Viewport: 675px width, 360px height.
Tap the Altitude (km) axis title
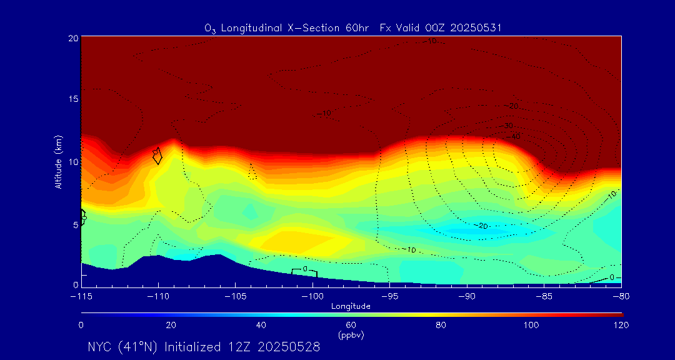(x=58, y=162)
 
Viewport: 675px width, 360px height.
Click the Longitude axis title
(x=351, y=306)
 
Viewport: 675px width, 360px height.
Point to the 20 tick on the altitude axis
(x=72, y=38)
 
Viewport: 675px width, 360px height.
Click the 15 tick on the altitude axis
(x=72, y=100)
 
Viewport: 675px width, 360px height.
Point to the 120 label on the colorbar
(x=621, y=325)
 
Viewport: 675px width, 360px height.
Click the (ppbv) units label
(x=351, y=335)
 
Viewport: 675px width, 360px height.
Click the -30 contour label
(x=507, y=126)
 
